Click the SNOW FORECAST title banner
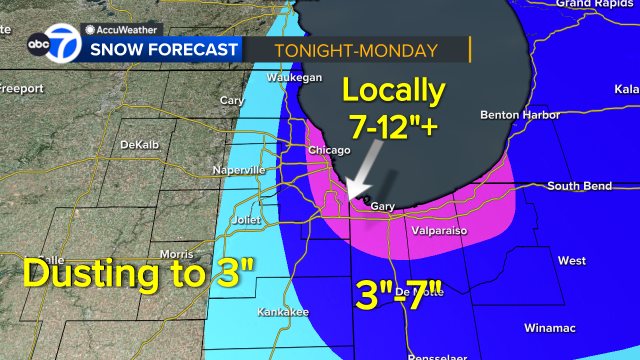click(166, 49)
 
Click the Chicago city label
click(330, 150)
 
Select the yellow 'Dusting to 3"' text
click(139, 272)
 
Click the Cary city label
click(232, 100)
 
